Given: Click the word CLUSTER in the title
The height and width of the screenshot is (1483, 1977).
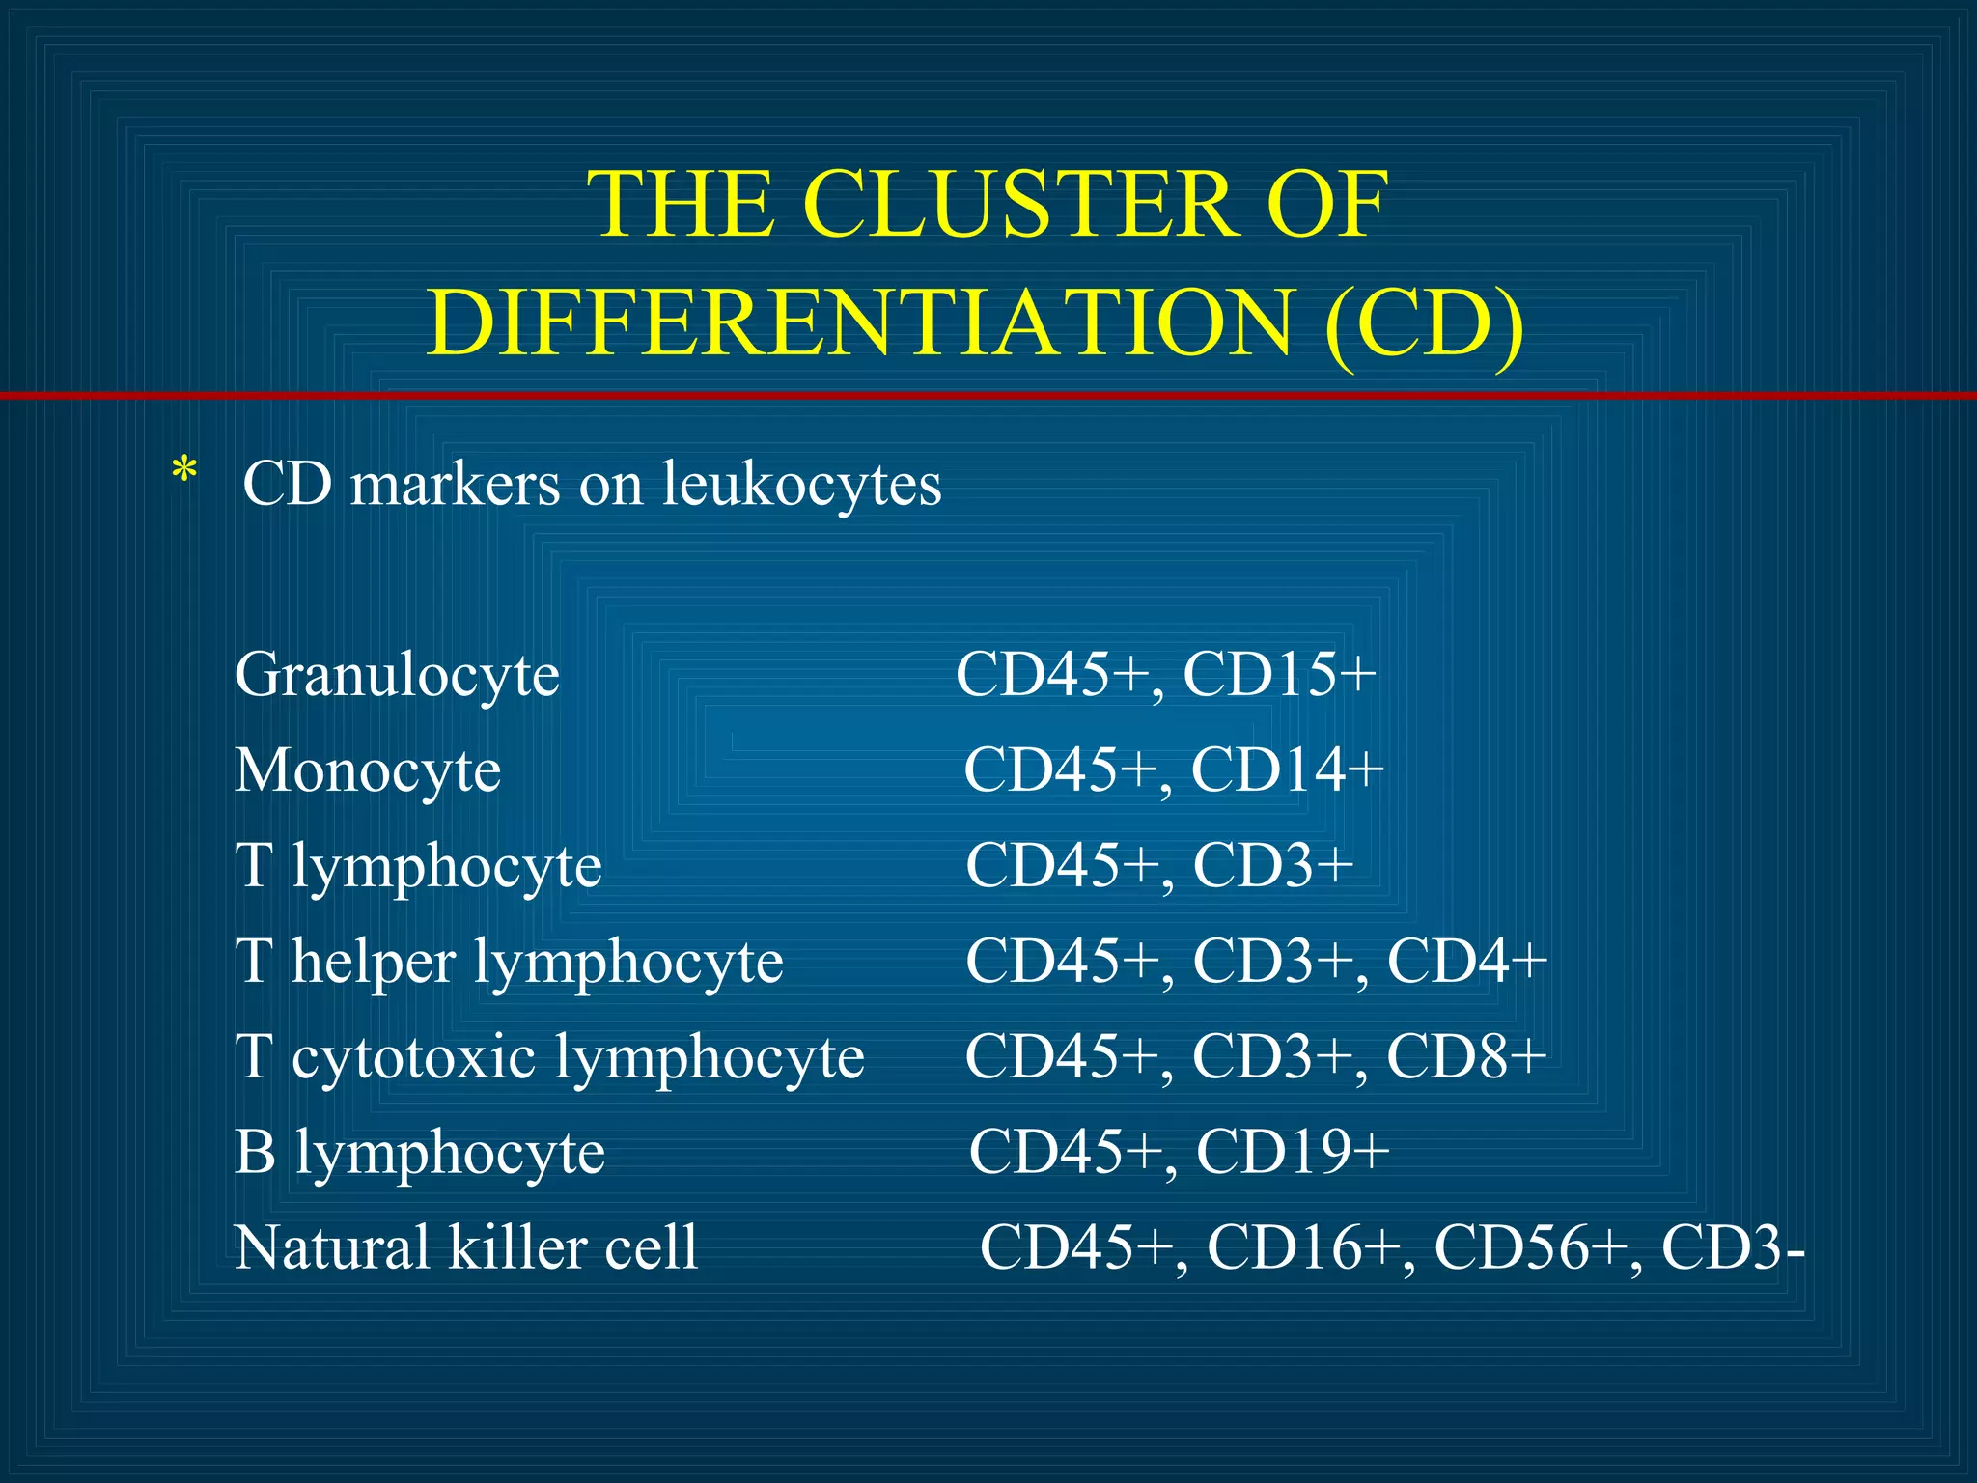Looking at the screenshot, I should pyautogui.click(x=1020, y=205).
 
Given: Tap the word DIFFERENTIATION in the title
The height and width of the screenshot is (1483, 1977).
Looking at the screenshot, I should pyautogui.click(x=860, y=323).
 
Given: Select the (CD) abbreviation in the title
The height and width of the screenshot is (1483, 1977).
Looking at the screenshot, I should pyautogui.click(x=1425, y=323).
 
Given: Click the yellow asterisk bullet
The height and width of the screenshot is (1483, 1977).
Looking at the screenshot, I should pyautogui.click(x=183, y=474).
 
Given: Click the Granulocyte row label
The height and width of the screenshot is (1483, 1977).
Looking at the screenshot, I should pyautogui.click(x=397, y=675).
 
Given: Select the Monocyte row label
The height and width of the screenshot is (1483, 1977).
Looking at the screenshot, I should pyautogui.click(x=368, y=770).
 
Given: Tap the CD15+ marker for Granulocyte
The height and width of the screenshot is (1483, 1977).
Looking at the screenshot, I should pyautogui.click(x=1279, y=674).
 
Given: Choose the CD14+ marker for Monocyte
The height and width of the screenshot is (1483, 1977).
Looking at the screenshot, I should pyautogui.click(x=1288, y=769).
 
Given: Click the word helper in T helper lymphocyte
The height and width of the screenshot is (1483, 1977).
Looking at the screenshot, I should pyautogui.click(x=373, y=961).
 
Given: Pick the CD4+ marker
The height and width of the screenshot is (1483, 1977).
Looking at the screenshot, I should pyautogui.click(x=1466, y=961).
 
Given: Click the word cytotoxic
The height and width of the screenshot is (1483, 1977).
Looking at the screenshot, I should pyautogui.click(x=413, y=1056).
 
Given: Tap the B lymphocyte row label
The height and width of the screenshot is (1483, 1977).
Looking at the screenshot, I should pyautogui.click(x=420, y=1152).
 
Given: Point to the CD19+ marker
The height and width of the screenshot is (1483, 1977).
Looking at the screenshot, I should pyautogui.click(x=1293, y=1151).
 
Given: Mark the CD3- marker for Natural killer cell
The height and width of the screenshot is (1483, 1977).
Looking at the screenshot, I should pyautogui.click(x=1732, y=1246).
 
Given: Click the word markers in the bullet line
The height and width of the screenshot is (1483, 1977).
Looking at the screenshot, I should pyautogui.click(x=455, y=484).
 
